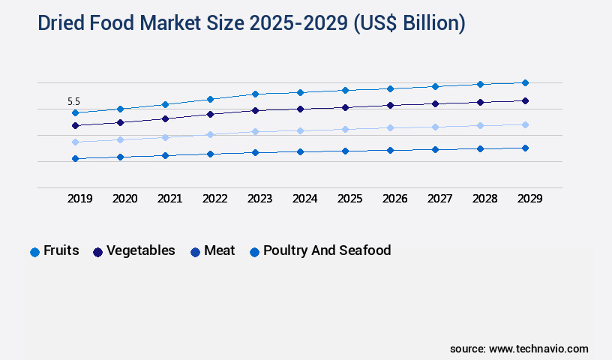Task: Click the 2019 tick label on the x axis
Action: point(80,199)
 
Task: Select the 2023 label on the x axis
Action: point(259,199)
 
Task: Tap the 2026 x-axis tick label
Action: point(394,199)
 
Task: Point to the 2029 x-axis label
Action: point(529,199)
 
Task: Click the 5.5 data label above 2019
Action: point(73,101)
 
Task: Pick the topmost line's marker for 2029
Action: point(525,82)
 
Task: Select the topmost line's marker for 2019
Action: point(75,112)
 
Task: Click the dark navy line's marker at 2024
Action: point(300,109)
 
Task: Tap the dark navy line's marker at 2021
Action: point(165,118)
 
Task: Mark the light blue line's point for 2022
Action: point(210,134)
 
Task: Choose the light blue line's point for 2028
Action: point(480,125)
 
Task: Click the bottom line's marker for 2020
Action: point(120,157)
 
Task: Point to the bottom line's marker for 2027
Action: point(435,149)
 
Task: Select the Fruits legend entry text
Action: point(61,250)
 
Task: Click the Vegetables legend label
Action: point(141,250)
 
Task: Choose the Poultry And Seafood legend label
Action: point(327,250)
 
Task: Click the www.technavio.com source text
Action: point(538,349)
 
